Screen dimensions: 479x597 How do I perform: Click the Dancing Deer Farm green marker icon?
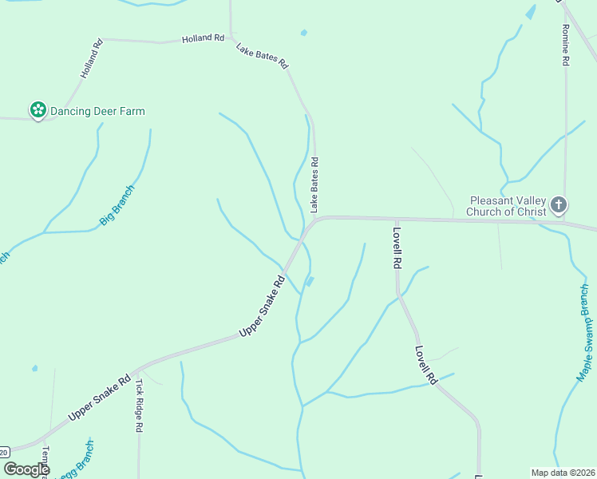[38, 110]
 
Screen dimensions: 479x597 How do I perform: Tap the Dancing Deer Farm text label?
[97, 111]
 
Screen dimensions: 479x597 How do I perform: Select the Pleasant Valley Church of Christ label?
[508, 206]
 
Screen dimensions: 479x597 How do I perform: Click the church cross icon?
[559, 205]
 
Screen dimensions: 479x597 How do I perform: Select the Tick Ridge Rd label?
[139, 405]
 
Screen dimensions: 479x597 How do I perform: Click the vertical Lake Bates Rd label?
[315, 184]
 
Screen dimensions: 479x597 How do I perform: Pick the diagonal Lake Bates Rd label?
[262, 56]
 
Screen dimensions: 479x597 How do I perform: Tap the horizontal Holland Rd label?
[203, 38]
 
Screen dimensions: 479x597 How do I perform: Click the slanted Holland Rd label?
[93, 58]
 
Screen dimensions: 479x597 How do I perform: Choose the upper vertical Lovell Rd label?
[396, 247]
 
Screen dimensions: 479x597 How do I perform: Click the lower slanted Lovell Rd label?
[427, 365]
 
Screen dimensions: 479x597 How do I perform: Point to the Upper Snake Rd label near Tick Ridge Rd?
[99, 398]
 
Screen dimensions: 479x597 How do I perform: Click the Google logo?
[26, 469]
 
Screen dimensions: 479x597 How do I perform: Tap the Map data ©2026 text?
[563, 473]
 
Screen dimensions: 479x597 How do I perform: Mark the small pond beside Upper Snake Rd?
[310, 281]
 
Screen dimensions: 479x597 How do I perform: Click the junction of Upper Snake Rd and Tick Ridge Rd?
[136, 371]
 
